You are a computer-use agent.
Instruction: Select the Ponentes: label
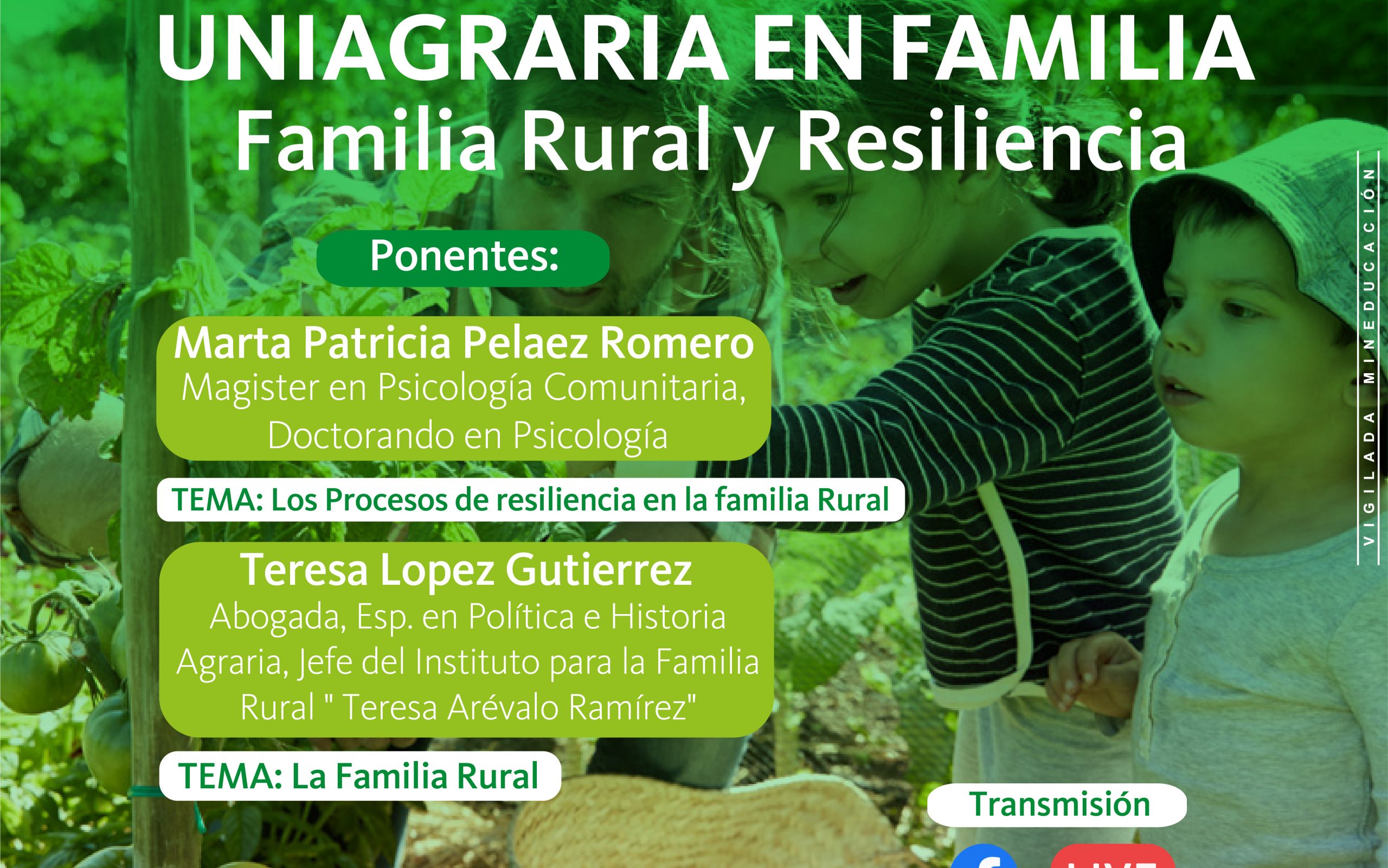[464, 256]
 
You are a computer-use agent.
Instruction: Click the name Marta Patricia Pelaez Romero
[464, 343]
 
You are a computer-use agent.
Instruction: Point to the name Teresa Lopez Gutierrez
[466, 570]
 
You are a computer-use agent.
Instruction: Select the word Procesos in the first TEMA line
[387, 500]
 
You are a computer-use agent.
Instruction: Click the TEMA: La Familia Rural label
[358, 776]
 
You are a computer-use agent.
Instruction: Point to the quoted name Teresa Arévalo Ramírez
[519, 707]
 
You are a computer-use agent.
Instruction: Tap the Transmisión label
[1060, 803]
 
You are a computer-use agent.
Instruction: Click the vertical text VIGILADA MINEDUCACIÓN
[1370, 356]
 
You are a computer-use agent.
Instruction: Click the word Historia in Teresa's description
[668, 617]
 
